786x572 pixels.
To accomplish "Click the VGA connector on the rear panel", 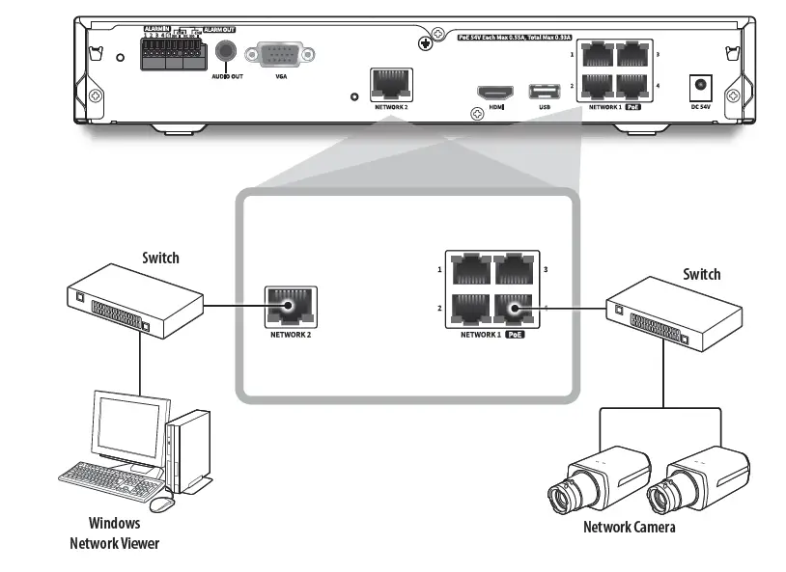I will pyautogui.click(x=280, y=55).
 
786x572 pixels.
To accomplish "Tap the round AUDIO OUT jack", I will pyautogui.click(x=226, y=53).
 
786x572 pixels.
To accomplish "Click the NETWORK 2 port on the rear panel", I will pyautogui.click(x=391, y=84).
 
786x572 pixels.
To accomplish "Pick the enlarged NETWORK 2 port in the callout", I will pyautogui.click(x=291, y=308).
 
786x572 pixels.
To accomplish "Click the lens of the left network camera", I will pyautogui.click(x=561, y=499).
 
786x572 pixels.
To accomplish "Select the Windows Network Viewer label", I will pyautogui.click(x=114, y=533).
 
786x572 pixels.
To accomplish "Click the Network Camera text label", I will pyautogui.click(x=629, y=527).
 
